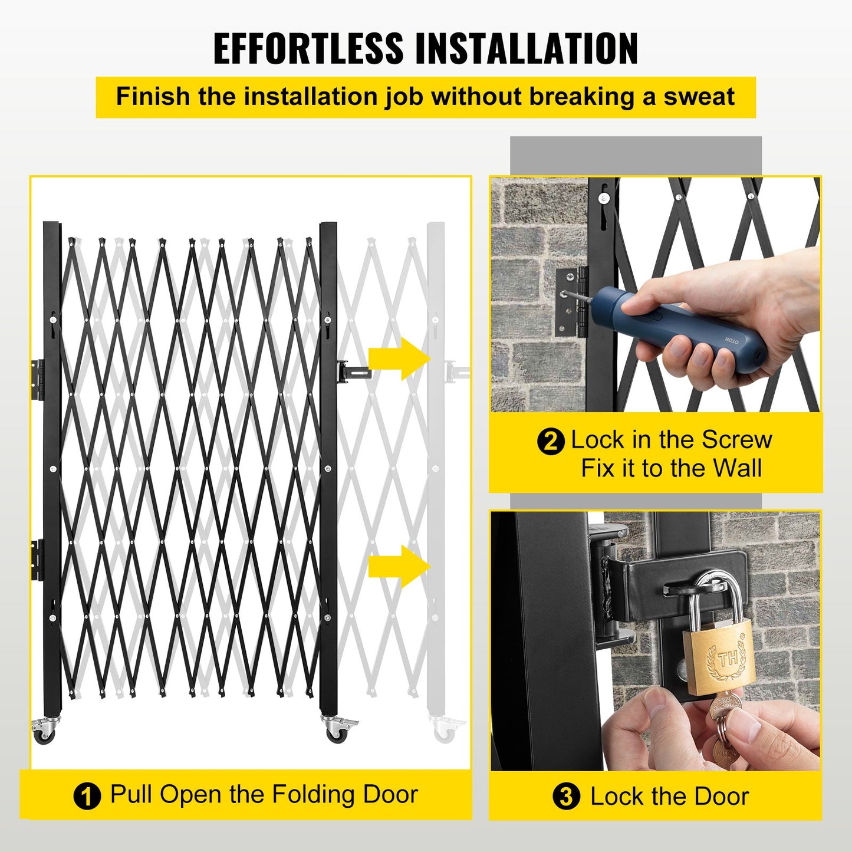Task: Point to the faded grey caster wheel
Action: (x=443, y=732)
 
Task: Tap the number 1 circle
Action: (x=87, y=797)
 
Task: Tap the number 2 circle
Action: (x=551, y=441)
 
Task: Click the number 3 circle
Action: (x=566, y=797)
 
